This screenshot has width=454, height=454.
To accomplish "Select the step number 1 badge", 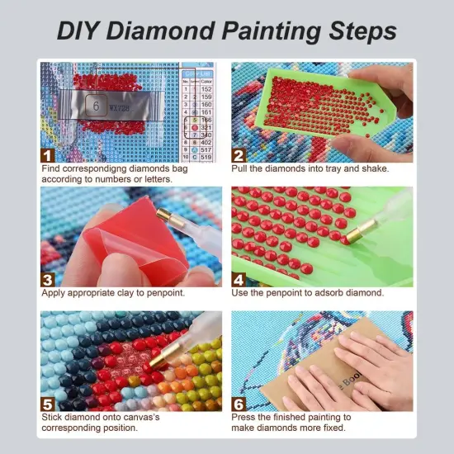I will pyautogui.click(x=48, y=154).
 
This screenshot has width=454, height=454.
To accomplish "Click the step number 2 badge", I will pyautogui.click(x=239, y=154).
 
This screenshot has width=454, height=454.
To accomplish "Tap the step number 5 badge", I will pyautogui.click(x=48, y=403).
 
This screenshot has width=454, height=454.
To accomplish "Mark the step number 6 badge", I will pyautogui.click(x=239, y=403).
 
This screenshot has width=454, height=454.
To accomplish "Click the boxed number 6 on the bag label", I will pyautogui.click(x=96, y=106).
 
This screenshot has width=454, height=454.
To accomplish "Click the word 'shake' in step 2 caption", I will pyautogui.click(x=371, y=168).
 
